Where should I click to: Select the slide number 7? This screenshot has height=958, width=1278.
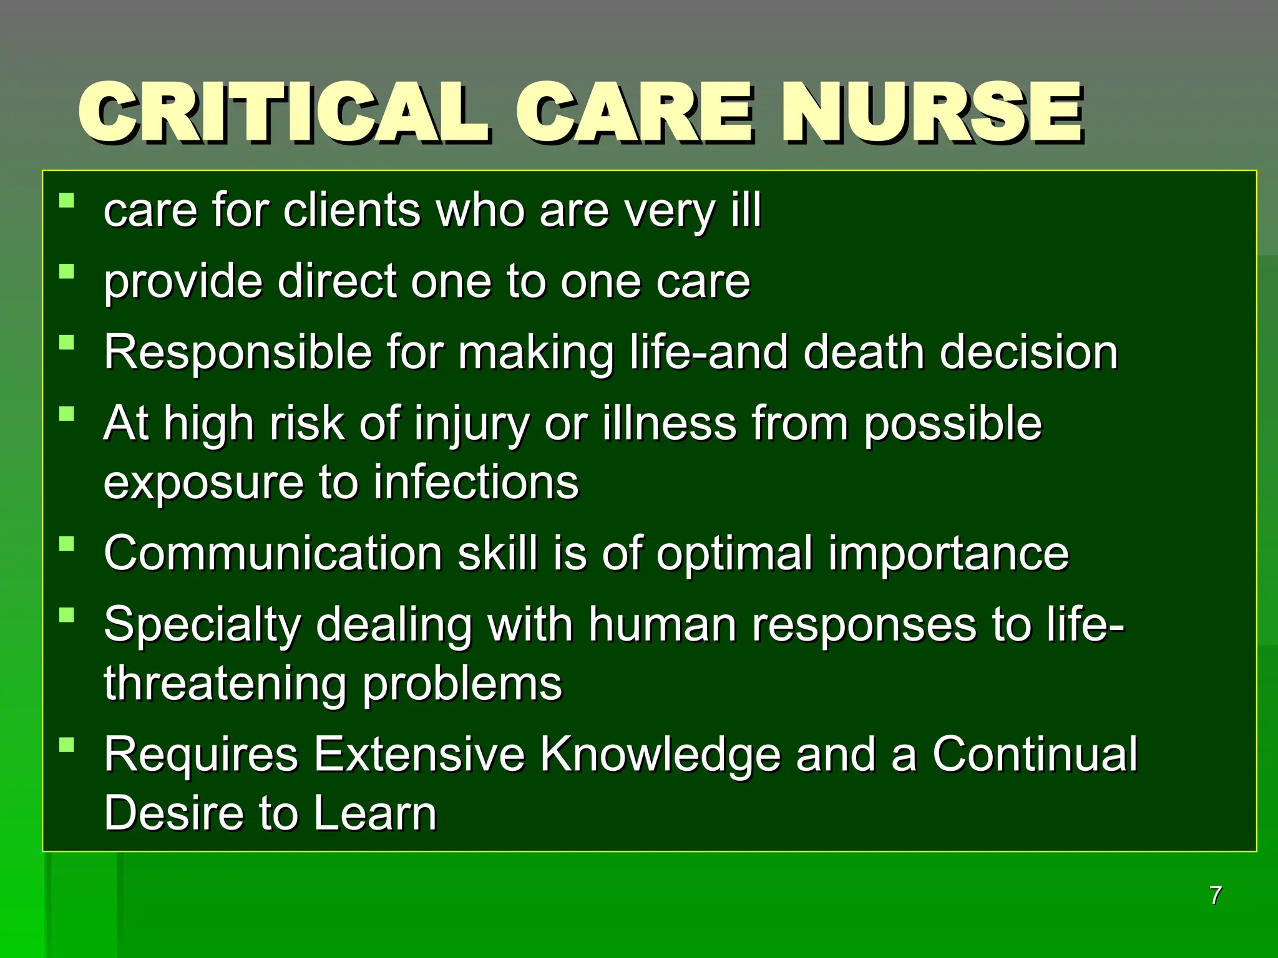point(1215,896)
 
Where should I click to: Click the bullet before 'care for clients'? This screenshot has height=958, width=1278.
point(67,200)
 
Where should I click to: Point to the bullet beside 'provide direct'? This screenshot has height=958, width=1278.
point(67,271)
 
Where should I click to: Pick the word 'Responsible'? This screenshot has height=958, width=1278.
point(237,353)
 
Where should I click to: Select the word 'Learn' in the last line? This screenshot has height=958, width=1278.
point(374,813)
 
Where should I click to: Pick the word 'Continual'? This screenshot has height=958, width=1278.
point(1034,754)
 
